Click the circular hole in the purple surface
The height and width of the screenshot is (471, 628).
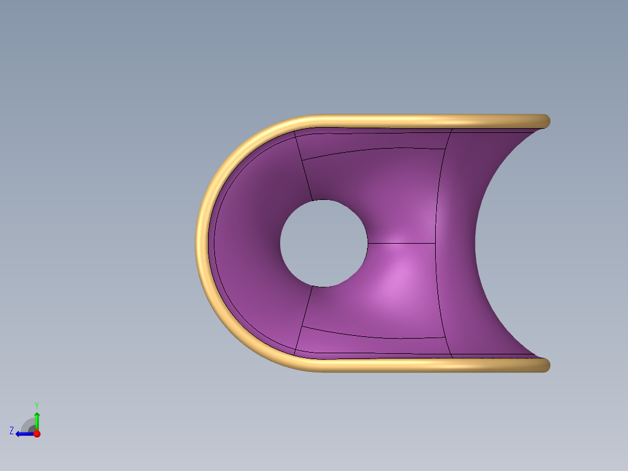324,243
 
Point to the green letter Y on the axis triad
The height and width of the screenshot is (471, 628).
37,405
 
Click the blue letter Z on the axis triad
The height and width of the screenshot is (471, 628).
12,431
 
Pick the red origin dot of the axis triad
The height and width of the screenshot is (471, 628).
37,434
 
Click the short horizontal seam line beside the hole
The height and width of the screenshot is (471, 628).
401,243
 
